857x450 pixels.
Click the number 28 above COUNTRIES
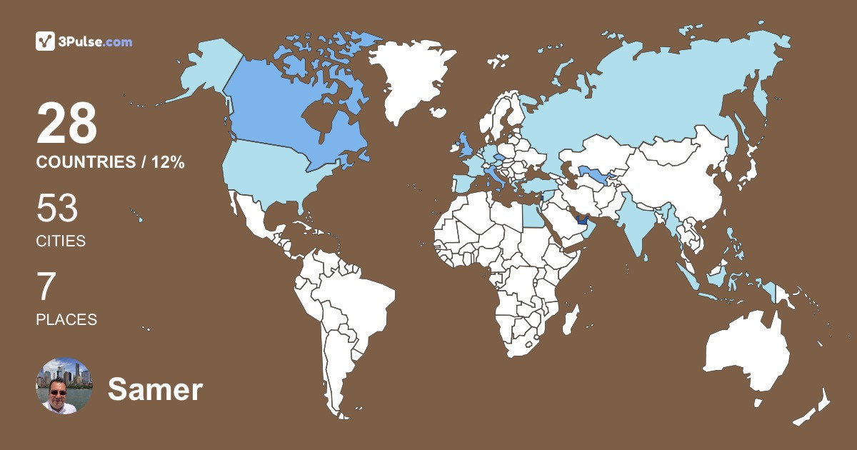66,124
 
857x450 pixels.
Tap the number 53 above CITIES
56,210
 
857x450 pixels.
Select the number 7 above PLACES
46,288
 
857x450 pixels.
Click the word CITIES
61,241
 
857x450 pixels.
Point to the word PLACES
66,320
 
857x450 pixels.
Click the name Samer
155,389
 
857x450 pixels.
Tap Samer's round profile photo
64,386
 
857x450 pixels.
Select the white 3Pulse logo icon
45,41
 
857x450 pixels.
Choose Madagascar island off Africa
570,318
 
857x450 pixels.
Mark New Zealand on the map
814,407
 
